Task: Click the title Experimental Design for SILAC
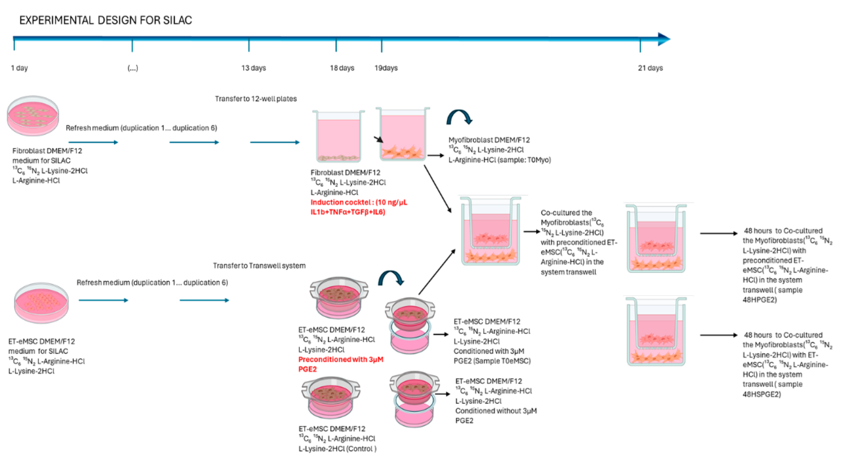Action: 105,20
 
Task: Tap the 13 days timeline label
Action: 253,68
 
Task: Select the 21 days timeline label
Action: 650,68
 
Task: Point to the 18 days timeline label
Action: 342,68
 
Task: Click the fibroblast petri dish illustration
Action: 33,116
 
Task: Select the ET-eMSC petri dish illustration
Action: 41,303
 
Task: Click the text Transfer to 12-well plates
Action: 256,99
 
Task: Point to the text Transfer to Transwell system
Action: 259,266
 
